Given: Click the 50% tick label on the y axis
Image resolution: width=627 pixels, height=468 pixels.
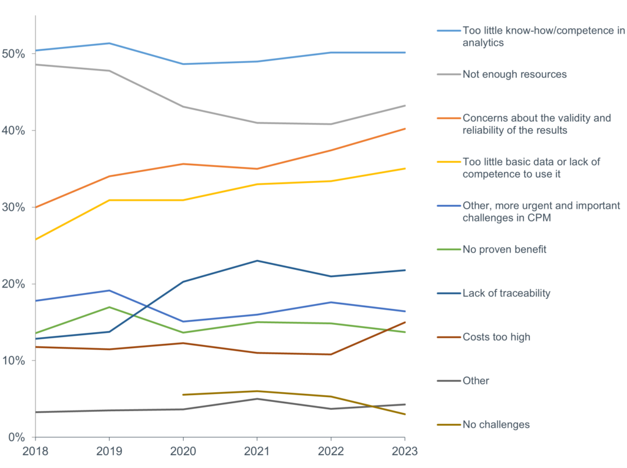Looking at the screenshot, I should pos(13,54).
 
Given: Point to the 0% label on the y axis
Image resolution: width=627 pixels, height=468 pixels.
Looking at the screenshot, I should pos(16,437).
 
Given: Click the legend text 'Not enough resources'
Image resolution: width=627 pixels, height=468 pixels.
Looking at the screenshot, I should pos(514,74).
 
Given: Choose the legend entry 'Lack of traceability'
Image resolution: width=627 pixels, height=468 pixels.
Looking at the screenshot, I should pos(506,293).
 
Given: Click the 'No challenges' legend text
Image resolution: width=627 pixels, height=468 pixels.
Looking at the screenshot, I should pos(496,425).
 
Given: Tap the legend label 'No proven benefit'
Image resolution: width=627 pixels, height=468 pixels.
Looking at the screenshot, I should pos(505,249).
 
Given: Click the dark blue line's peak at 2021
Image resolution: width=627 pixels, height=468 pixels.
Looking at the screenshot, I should pos(257,261).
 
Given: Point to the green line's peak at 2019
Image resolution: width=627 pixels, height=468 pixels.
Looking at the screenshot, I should pos(109,307).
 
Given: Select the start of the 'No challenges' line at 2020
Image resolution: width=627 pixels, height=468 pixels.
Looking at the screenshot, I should pos(183,395).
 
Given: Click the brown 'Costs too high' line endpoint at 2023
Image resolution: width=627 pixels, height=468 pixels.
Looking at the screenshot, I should pos(404,322).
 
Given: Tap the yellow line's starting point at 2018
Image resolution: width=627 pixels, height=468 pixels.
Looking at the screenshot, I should pos(36,239).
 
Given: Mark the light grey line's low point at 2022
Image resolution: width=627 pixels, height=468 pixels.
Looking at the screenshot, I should pos(331,124).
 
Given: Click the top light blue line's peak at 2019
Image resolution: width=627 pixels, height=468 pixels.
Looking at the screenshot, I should pos(109,43).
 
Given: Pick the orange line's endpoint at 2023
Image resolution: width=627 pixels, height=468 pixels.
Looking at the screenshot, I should pos(404,128).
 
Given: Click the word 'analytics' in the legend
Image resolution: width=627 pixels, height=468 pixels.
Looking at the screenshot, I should pos(483,43).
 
